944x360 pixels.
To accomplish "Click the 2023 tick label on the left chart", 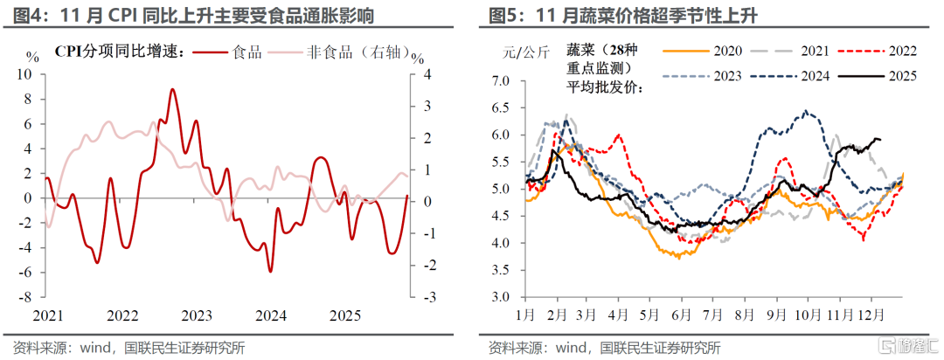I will point(197,315).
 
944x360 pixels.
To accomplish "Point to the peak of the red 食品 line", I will point(172,89).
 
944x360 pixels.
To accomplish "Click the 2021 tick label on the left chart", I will point(47,315).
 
